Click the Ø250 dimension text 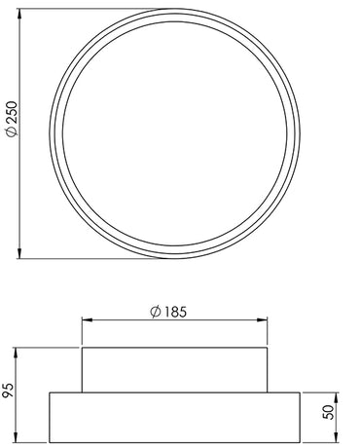click(x=11, y=121)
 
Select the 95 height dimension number click(x=10, y=389)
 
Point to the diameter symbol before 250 click(x=11, y=137)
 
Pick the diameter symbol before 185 click(x=155, y=312)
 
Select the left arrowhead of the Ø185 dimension click(x=86, y=321)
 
